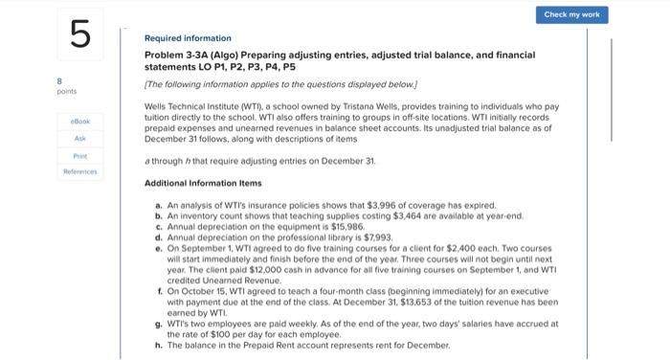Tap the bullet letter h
(x=158, y=345)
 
